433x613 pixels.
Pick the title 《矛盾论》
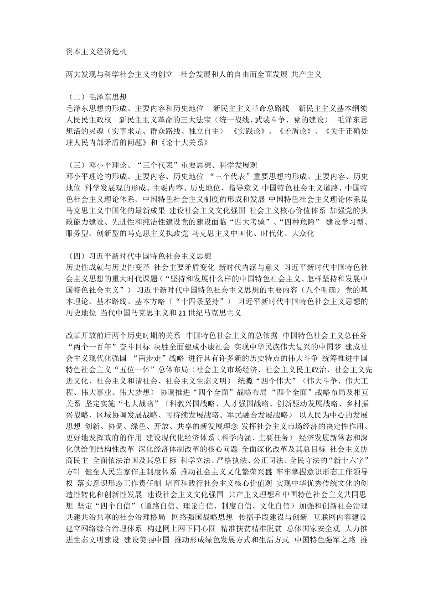294,131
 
